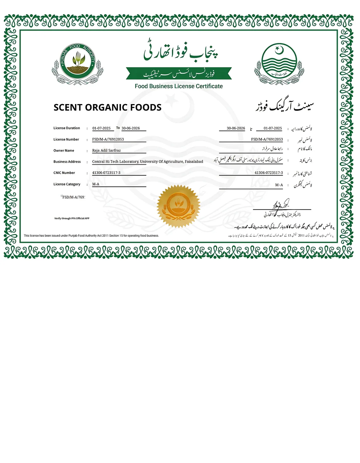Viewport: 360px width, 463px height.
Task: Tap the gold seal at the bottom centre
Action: [179, 206]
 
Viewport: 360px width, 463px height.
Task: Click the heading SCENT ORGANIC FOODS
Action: [107, 107]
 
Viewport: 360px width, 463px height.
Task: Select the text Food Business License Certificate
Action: [179, 86]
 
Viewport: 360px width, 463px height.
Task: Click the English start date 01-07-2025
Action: [101, 128]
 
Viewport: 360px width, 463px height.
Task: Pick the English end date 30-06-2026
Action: [131, 128]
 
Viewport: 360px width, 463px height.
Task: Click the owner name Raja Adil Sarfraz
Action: [106, 151]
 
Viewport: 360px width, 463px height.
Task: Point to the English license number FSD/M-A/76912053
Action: [108, 139]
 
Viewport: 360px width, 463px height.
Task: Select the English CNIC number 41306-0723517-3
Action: [106, 173]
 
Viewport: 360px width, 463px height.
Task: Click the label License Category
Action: [67, 184]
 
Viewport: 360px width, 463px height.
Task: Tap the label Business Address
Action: [67, 162]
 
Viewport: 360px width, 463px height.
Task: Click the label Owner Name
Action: [64, 151]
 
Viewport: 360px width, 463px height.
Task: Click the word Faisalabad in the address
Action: [194, 162]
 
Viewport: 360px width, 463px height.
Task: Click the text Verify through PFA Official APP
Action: [72, 218]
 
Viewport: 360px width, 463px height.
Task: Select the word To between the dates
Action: [118, 128]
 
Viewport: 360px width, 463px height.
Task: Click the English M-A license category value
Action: [96, 184]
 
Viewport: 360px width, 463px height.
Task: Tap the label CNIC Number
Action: [64, 173]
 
